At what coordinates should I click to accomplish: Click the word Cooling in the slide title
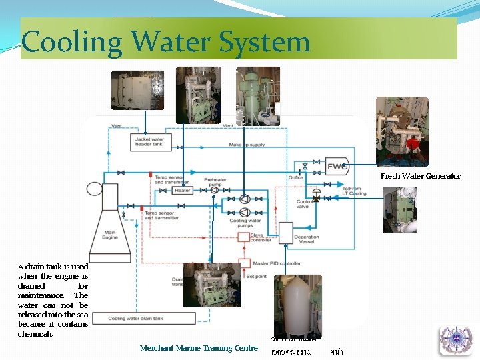click(72, 42)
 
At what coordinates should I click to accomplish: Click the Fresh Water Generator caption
click(420, 176)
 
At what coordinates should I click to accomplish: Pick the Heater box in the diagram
click(182, 190)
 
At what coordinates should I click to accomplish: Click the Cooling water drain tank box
click(143, 319)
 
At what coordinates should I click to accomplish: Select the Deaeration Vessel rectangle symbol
click(285, 233)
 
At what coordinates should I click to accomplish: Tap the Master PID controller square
click(245, 263)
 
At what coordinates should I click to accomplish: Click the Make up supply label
click(246, 145)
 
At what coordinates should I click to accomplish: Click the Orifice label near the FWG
click(295, 178)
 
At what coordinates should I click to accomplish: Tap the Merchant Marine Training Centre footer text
click(199, 348)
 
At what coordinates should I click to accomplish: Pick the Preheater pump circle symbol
click(214, 190)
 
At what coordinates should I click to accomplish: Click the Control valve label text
click(305, 204)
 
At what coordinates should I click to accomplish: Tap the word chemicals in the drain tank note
click(35, 333)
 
